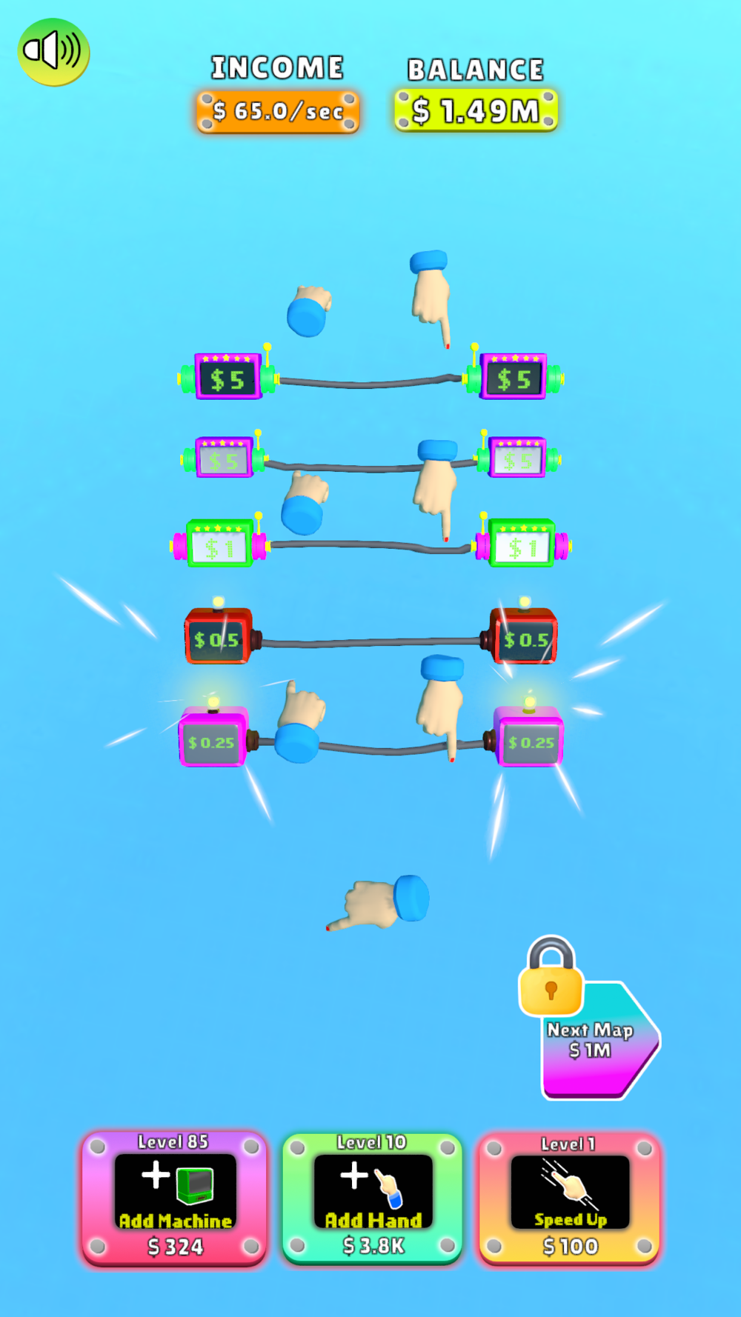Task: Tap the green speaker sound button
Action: pos(53,52)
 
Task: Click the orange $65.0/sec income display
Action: pos(278,111)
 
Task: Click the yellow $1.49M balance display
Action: pos(476,110)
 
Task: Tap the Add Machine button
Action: pos(174,1196)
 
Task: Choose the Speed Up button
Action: pos(569,1196)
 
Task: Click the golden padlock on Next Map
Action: pos(551,978)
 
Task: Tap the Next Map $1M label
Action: pos(590,1040)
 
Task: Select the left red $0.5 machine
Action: pos(218,637)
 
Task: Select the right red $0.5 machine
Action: pos(525,637)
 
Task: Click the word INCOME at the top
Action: pos(278,68)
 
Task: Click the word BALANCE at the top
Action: pos(476,70)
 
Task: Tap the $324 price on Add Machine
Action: pos(175,1247)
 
